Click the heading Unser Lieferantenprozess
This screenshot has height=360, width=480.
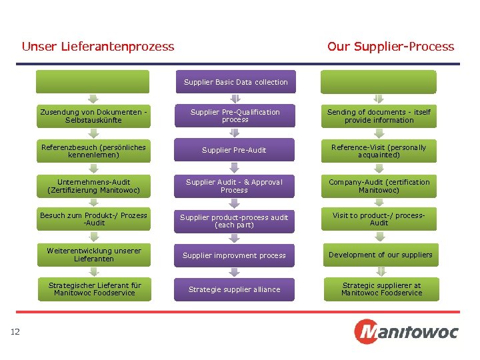click(98, 47)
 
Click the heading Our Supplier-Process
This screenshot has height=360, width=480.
click(390, 47)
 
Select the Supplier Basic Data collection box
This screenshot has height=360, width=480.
click(235, 82)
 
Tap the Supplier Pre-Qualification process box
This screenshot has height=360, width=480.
click(235, 116)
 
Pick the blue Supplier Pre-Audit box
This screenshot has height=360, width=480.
click(235, 150)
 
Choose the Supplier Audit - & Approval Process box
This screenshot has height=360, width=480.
click(235, 186)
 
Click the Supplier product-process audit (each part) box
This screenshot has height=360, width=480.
click(235, 221)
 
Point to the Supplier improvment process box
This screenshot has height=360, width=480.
click(235, 255)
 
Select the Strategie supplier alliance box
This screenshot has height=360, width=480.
click(235, 289)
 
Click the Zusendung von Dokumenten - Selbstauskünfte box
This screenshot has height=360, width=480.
click(94, 116)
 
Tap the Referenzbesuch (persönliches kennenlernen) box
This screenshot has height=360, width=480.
click(94, 151)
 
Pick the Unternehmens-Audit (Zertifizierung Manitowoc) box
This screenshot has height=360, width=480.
click(94, 186)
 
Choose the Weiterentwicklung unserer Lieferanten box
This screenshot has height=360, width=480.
click(94, 255)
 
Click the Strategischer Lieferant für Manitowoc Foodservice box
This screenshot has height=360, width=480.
click(94, 289)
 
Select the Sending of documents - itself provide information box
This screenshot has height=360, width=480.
click(379, 116)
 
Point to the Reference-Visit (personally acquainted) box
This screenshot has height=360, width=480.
click(379, 151)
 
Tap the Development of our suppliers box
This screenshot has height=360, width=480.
click(379, 255)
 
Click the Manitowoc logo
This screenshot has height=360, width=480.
click(405, 331)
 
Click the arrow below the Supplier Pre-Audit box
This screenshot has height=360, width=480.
click(234, 168)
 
